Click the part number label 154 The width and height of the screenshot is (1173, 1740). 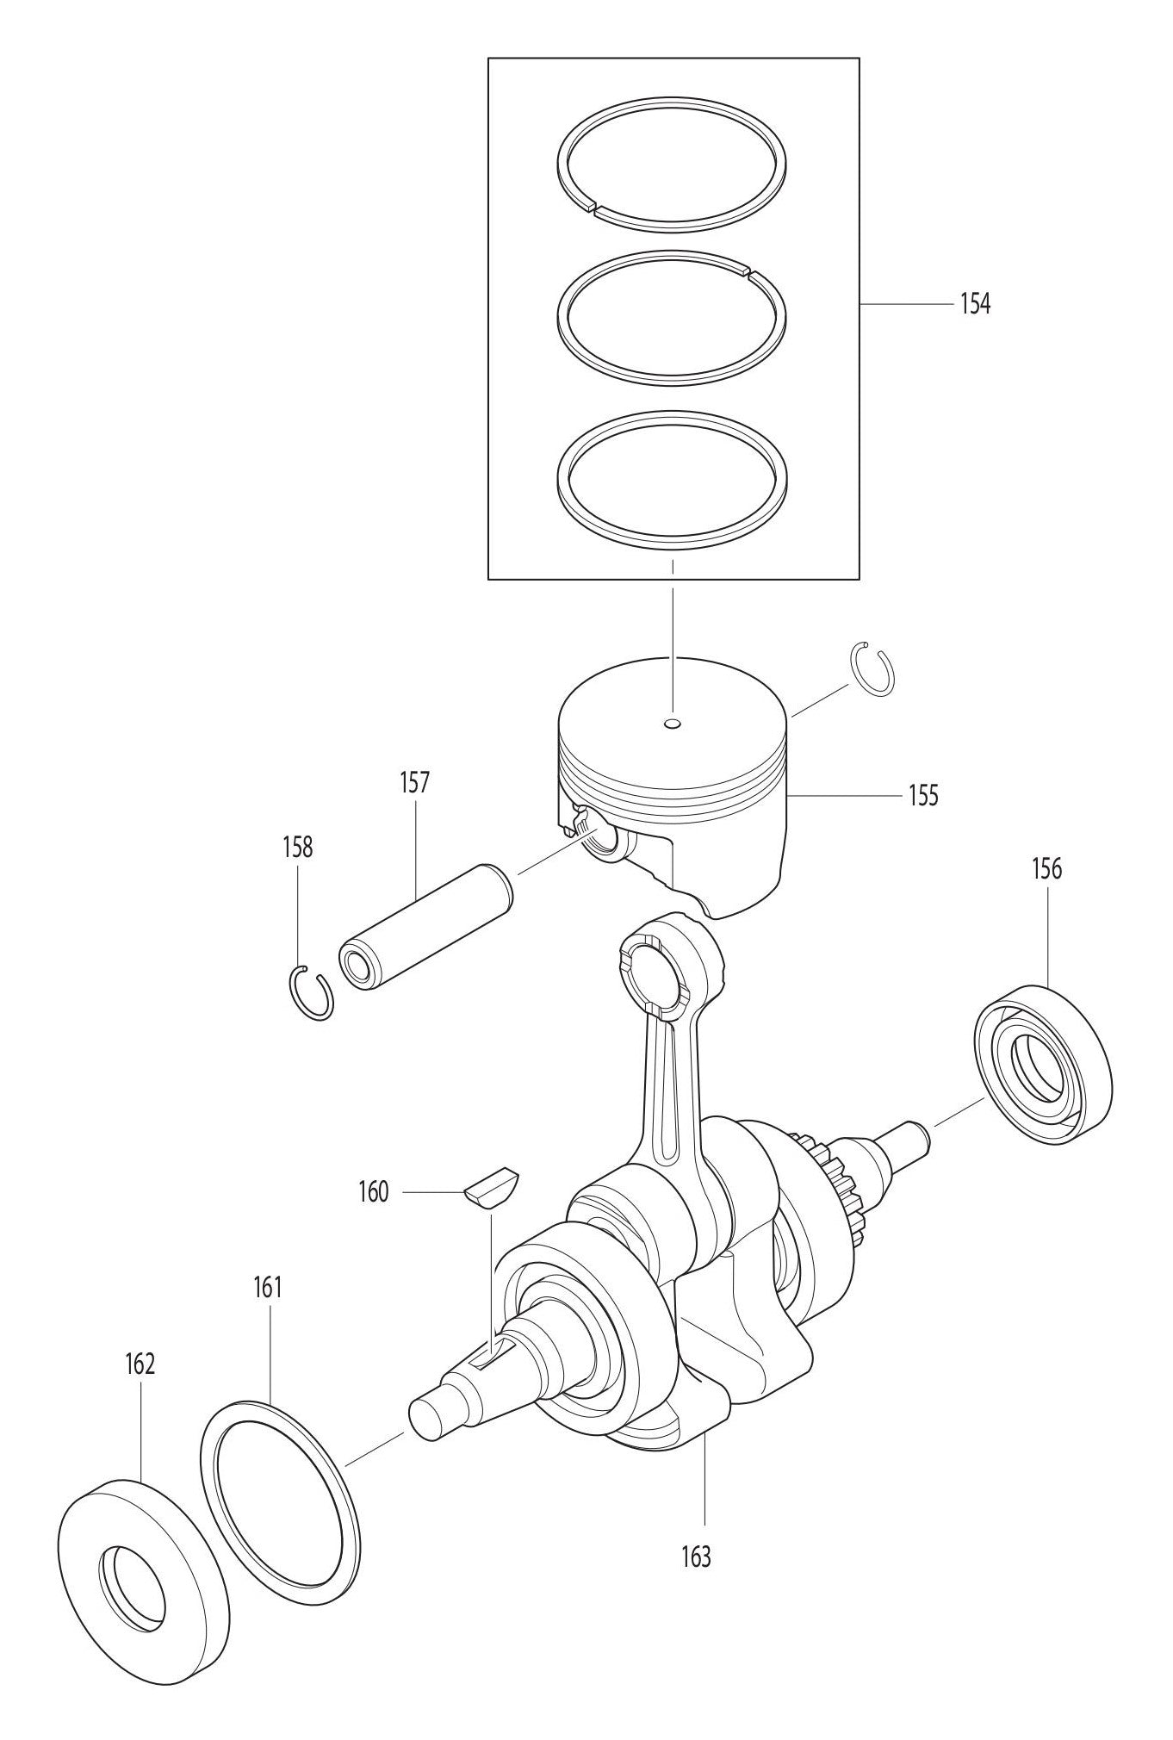tap(975, 304)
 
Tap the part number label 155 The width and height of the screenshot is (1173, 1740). tap(923, 794)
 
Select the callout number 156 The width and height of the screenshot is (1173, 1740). tap(1046, 869)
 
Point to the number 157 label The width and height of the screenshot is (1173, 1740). tap(414, 783)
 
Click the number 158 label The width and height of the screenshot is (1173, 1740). tap(297, 847)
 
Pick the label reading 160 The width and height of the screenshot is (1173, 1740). tap(374, 1192)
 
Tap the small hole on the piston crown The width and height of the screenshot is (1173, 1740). tap(673, 722)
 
